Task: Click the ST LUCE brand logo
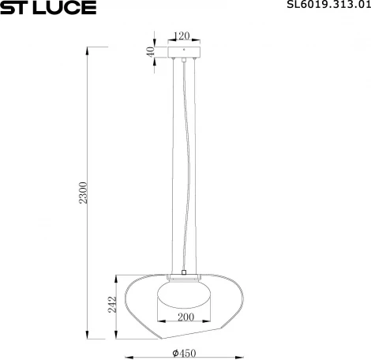click(x=48, y=8)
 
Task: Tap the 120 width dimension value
click(x=183, y=36)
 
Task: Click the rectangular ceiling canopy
click(x=183, y=53)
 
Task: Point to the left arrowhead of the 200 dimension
click(x=159, y=322)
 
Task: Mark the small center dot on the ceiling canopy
click(x=183, y=57)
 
